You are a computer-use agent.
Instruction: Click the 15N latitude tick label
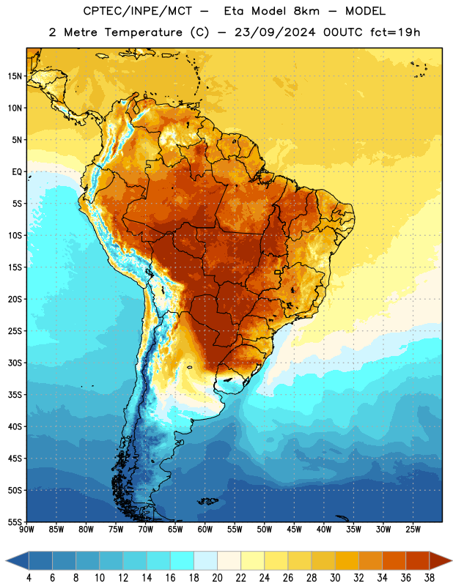coord(15,76)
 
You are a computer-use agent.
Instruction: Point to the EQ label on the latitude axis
coord(17,172)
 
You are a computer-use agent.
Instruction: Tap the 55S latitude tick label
coord(15,522)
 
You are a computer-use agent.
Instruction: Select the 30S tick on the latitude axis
coord(15,363)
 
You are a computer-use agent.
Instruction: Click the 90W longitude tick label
coord(26,530)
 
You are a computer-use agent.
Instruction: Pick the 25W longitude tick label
coord(413,530)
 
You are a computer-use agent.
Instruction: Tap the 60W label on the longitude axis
coord(205,530)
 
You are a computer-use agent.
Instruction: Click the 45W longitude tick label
coord(295,530)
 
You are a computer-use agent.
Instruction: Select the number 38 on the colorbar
coord(430,578)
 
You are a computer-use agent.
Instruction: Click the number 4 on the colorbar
coord(29,578)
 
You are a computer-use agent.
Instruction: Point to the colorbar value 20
coord(217,578)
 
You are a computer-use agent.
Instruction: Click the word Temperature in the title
coord(143,32)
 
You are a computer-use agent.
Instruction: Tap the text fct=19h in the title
coord(395,32)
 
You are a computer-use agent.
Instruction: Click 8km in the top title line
coord(306,11)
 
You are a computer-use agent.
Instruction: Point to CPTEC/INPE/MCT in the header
coord(137,11)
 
